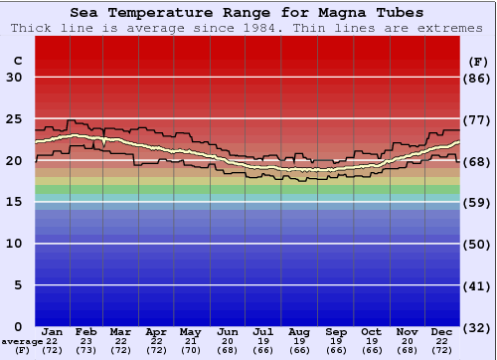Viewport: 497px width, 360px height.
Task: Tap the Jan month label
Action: [53, 331]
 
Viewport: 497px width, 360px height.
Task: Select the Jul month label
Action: [263, 331]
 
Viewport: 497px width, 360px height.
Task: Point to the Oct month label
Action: [370, 331]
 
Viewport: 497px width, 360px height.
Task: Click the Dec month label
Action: [442, 331]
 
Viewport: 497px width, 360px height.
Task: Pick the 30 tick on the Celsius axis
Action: [15, 78]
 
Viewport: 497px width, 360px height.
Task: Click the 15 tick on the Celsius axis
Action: [15, 202]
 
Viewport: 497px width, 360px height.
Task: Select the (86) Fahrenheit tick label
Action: [478, 78]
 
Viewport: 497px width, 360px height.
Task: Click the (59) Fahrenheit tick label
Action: [478, 202]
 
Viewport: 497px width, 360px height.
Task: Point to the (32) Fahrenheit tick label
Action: [478, 326]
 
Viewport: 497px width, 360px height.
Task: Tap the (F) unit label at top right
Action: [477, 61]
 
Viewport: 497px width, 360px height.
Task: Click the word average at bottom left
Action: [22, 341]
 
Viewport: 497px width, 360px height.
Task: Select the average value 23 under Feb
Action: [86, 341]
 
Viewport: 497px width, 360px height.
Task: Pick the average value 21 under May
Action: [191, 341]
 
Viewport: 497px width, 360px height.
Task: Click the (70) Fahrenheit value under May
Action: [191, 350]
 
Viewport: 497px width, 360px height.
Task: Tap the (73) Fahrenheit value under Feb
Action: [86, 350]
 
